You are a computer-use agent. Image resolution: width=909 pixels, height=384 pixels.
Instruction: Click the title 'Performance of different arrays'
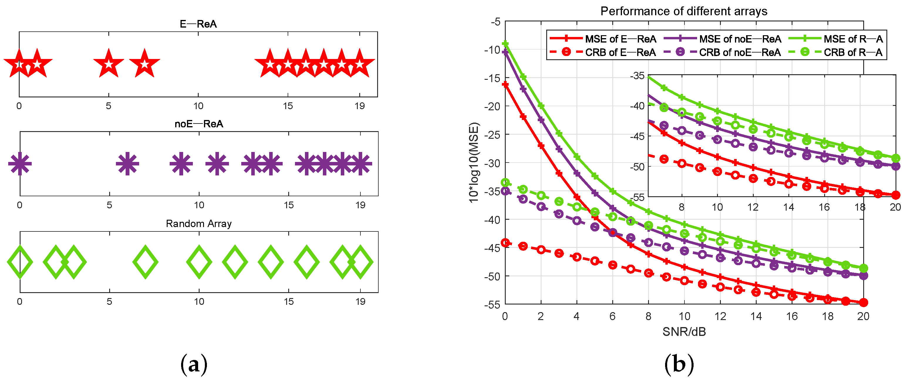pos(684,11)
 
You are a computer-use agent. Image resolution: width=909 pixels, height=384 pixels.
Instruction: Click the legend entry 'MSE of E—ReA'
pos(620,39)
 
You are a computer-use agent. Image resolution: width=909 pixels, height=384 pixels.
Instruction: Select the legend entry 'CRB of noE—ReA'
pos(740,53)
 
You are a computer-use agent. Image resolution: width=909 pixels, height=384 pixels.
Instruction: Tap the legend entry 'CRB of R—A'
pos(853,53)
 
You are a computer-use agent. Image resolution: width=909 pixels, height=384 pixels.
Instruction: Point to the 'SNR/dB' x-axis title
pos(684,332)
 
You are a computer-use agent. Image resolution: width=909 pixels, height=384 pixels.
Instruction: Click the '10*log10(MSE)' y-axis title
pos(474,163)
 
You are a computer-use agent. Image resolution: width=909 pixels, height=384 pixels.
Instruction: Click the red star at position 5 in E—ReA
pos(109,64)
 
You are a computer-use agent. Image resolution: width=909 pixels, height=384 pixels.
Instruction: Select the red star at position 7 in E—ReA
pos(144,64)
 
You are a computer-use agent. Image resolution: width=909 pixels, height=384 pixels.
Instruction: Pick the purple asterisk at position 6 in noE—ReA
pos(127,164)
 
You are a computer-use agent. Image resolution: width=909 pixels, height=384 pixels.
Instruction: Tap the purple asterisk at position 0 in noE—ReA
pos(20,164)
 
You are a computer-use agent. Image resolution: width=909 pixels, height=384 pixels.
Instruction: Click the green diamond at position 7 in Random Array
pos(145,262)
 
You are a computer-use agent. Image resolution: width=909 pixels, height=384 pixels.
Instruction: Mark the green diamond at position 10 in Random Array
pos(199,262)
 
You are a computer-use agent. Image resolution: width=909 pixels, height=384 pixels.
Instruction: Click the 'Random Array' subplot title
pos(199,224)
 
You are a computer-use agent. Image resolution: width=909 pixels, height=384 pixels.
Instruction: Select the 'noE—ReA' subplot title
pos(199,124)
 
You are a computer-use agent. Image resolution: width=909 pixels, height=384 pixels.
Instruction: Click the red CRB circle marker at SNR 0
pos(505,243)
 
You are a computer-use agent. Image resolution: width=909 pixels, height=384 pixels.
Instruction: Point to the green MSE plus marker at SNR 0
pos(505,44)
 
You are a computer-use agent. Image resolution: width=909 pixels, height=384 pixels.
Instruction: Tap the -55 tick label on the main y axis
pos(492,305)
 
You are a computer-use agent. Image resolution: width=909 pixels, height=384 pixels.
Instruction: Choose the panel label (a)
pos(194,365)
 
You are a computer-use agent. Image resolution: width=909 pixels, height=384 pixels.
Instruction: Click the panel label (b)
pos(679,365)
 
